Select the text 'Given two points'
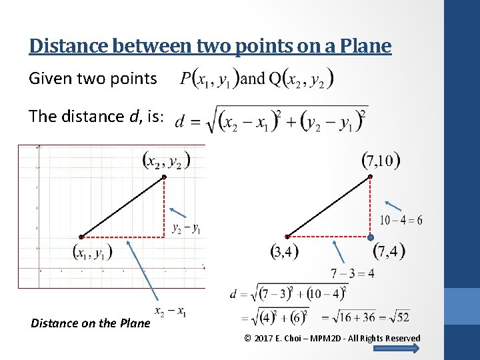point(93,79)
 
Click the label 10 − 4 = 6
point(401,220)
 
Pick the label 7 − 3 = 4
point(352,273)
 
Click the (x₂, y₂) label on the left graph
point(166,160)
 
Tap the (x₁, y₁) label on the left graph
point(92,252)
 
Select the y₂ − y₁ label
point(186,229)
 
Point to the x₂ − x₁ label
point(171,312)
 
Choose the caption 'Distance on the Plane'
point(91,324)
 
